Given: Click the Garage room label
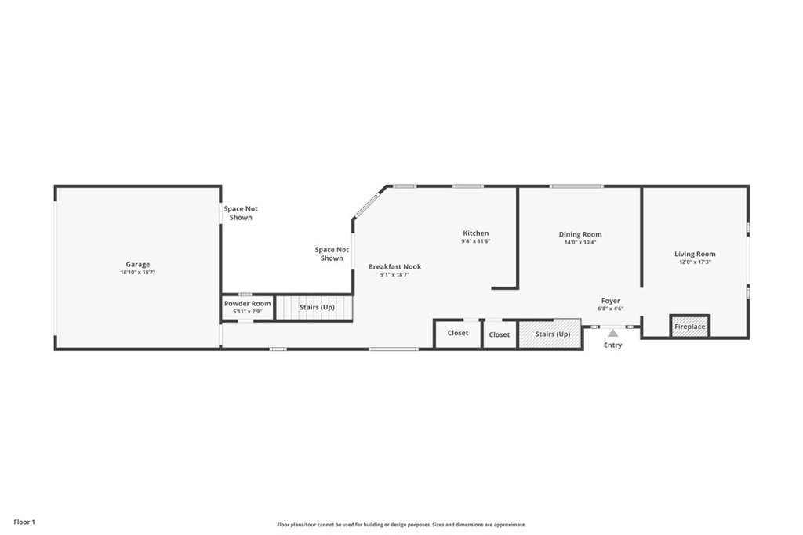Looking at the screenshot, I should pyautogui.click(x=138, y=265).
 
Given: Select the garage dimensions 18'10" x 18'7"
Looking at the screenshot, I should pyautogui.click(x=138, y=273).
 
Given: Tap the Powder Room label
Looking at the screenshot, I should pyautogui.click(x=247, y=304).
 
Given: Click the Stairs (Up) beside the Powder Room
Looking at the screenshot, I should pyautogui.click(x=317, y=307).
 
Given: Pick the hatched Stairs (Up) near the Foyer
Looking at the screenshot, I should pyautogui.click(x=552, y=334).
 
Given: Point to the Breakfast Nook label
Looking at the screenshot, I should pyautogui.click(x=394, y=267).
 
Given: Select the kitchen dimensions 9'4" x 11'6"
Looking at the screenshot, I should pyautogui.click(x=475, y=241).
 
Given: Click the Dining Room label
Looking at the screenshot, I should pyautogui.click(x=580, y=234).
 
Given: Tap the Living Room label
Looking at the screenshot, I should pyautogui.click(x=695, y=254).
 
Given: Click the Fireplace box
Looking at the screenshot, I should pyautogui.click(x=690, y=327).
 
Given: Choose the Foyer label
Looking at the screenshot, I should pyautogui.click(x=611, y=301).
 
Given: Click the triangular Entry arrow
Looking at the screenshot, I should pyautogui.click(x=612, y=333).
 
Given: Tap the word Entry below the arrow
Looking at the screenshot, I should pyautogui.click(x=612, y=345).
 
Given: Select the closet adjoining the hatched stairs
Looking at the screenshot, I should pyautogui.click(x=500, y=334).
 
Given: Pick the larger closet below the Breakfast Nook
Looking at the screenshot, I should pyautogui.click(x=458, y=333).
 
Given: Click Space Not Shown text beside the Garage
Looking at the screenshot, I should pyautogui.click(x=241, y=213).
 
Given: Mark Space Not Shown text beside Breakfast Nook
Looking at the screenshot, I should pyautogui.click(x=332, y=254).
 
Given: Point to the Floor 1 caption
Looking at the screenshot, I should pyautogui.click(x=24, y=522).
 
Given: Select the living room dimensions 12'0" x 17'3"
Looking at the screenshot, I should pyautogui.click(x=695, y=262).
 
